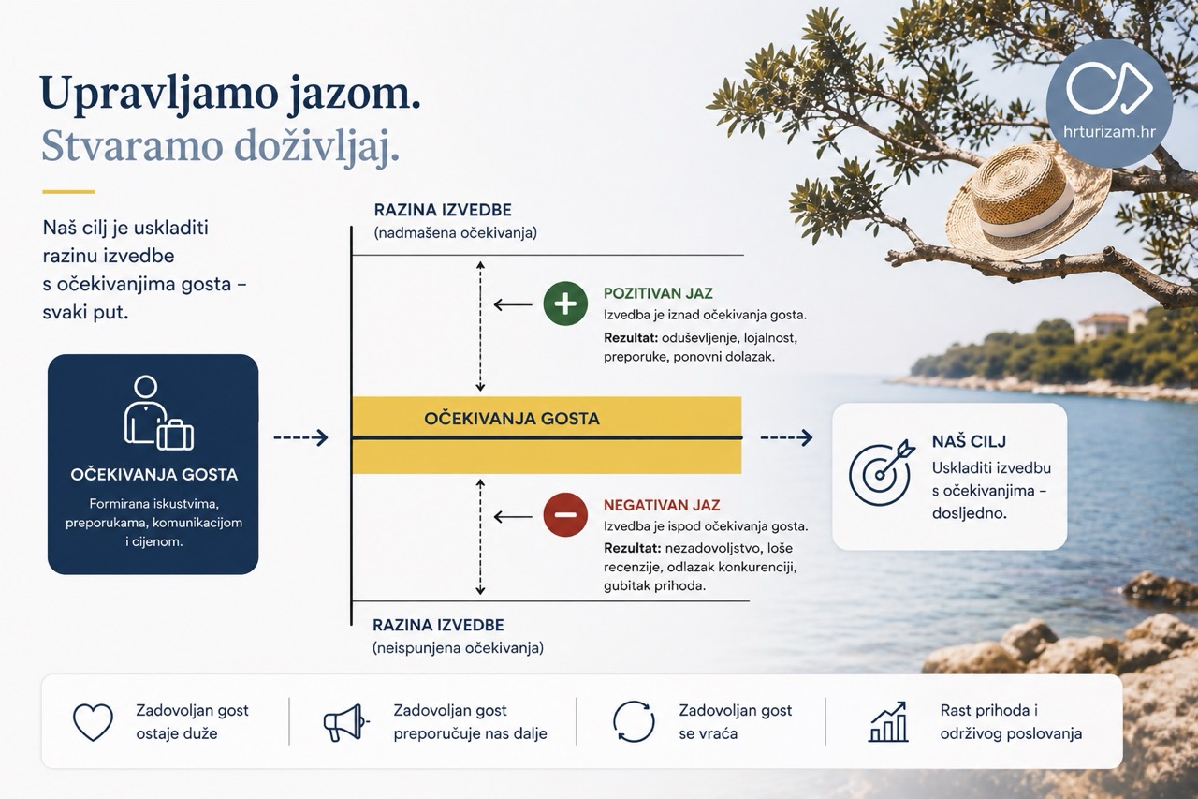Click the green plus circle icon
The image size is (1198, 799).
[565, 304]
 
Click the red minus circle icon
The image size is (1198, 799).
[565, 515]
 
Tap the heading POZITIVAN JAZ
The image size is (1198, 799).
[658, 293]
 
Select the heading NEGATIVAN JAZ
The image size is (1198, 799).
[662, 505]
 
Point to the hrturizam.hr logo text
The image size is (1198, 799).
[1109, 132]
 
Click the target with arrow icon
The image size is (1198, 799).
[881, 473]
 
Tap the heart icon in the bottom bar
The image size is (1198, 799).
[93, 722]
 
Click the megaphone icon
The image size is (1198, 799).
[346, 722]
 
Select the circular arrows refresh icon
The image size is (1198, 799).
[634, 722]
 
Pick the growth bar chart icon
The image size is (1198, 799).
[888, 721]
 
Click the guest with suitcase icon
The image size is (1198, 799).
[158, 412]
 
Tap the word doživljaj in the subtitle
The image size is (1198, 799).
[316, 146]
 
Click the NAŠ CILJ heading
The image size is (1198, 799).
[969, 441]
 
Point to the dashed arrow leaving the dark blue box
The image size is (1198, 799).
[300, 437]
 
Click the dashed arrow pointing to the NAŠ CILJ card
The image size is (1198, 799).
[786, 437]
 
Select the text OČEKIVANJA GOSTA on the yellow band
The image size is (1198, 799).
[512, 419]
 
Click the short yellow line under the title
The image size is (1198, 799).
[68, 191]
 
